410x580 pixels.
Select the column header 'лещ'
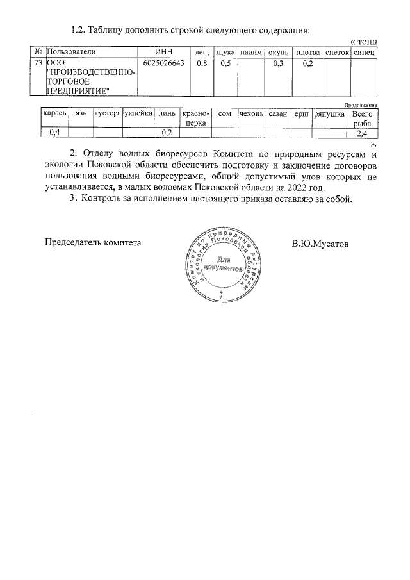[202, 51]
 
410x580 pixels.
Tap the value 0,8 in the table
[202, 63]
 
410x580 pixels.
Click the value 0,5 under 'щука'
[225, 63]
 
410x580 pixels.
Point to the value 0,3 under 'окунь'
[277, 63]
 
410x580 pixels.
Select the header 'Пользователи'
[71, 51]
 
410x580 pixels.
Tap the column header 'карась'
[54, 113]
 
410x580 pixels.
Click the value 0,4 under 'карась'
[54, 133]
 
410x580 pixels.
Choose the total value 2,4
[362, 133]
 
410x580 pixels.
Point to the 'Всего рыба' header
[362, 118]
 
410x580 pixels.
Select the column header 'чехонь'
[250, 113]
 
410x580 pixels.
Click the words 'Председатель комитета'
[92, 243]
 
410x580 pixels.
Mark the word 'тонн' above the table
[366, 40]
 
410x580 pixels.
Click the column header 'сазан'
[277, 113]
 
